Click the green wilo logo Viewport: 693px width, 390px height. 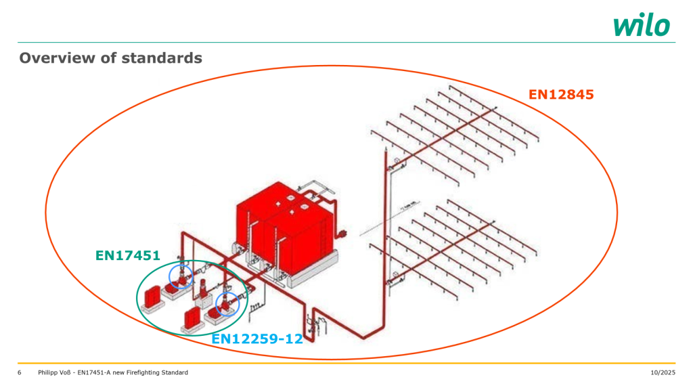pyautogui.click(x=642, y=25)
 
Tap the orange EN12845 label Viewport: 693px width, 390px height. pyautogui.click(x=561, y=95)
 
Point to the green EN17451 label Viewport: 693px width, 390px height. pyautogui.click(x=128, y=255)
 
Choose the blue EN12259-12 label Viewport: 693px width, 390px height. pyautogui.click(x=257, y=339)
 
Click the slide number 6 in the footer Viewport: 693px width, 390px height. pyautogui.click(x=19, y=373)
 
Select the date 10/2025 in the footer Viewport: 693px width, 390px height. pyautogui.click(x=663, y=373)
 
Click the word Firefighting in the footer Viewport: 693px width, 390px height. pyautogui.click(x=140, y=373)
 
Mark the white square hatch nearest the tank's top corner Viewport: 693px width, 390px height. pyautogui.click(x=278, y=204)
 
